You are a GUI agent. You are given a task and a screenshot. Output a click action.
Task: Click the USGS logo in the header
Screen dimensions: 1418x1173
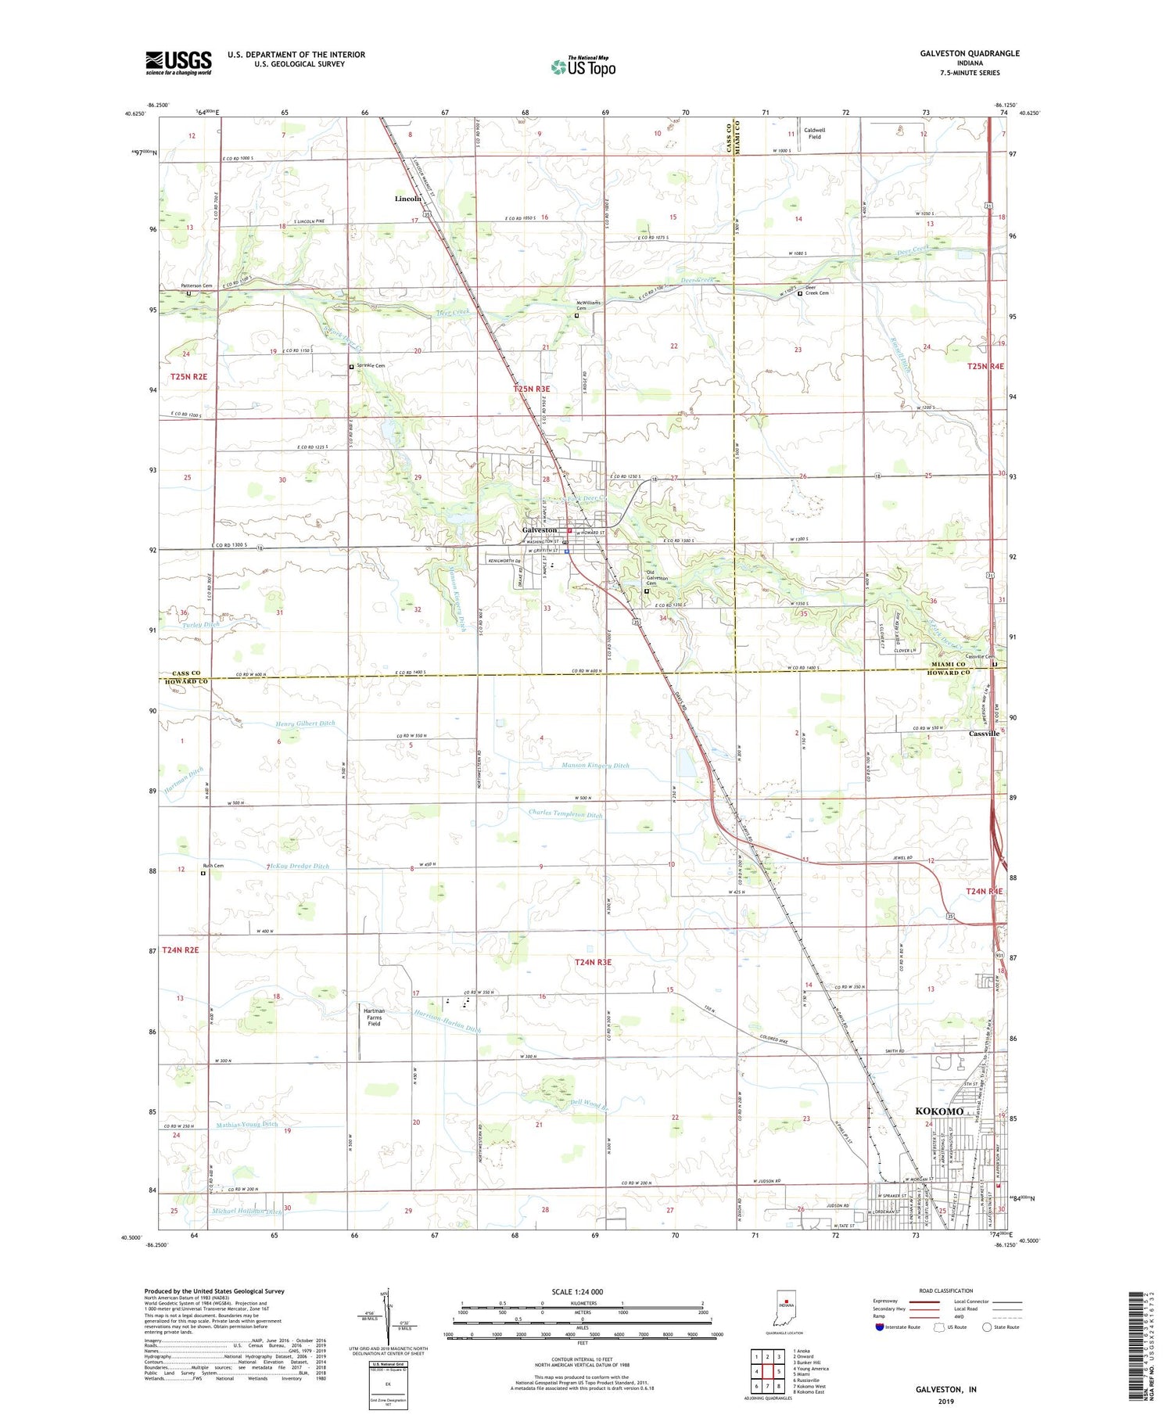click(178, 63)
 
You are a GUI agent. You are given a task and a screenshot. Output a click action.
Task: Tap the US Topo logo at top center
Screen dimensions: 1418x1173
click(583, 67)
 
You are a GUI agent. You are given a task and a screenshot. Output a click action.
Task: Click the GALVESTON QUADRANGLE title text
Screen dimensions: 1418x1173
click(971, 53)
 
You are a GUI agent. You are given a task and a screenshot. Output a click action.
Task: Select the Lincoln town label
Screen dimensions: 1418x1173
click(407, 199)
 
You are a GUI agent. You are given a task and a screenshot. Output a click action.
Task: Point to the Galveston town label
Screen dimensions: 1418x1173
click(540, 530)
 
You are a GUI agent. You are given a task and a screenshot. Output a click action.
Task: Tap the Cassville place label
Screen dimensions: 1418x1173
click(984, 734)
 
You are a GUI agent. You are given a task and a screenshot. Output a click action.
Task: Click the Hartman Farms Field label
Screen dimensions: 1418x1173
click(374, 1017)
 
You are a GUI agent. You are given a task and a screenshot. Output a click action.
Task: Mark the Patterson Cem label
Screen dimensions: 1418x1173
click(196, 285)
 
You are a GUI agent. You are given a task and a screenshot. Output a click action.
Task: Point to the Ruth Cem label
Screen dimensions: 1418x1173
click(213, 866)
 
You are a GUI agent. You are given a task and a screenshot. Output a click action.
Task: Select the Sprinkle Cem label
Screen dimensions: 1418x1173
click(371, 365)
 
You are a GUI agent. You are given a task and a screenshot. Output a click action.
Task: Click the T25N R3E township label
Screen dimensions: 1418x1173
click(532, 389)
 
